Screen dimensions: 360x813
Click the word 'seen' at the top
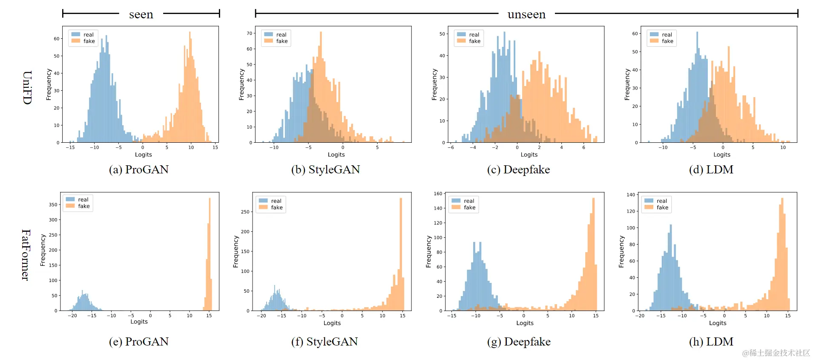141,15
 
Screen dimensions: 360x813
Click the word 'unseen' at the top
526,15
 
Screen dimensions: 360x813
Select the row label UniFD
27,87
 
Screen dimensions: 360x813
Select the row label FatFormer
26,255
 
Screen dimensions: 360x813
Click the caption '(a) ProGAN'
139,170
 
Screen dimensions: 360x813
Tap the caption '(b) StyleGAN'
325,170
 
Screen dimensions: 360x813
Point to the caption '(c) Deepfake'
518,170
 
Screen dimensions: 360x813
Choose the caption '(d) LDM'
711,170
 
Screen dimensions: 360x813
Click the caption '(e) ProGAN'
139,342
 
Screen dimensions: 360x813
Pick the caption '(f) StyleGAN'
325,342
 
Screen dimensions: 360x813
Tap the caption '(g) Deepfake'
519,342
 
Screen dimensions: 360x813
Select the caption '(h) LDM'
711,342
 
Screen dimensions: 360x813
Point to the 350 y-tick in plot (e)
53,204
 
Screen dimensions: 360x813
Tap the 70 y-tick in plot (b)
249,33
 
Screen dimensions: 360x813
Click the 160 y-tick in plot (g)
438,193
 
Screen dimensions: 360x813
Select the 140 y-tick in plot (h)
630,195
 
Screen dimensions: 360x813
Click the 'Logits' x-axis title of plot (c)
529,155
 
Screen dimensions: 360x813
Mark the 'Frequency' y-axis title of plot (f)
236,251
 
